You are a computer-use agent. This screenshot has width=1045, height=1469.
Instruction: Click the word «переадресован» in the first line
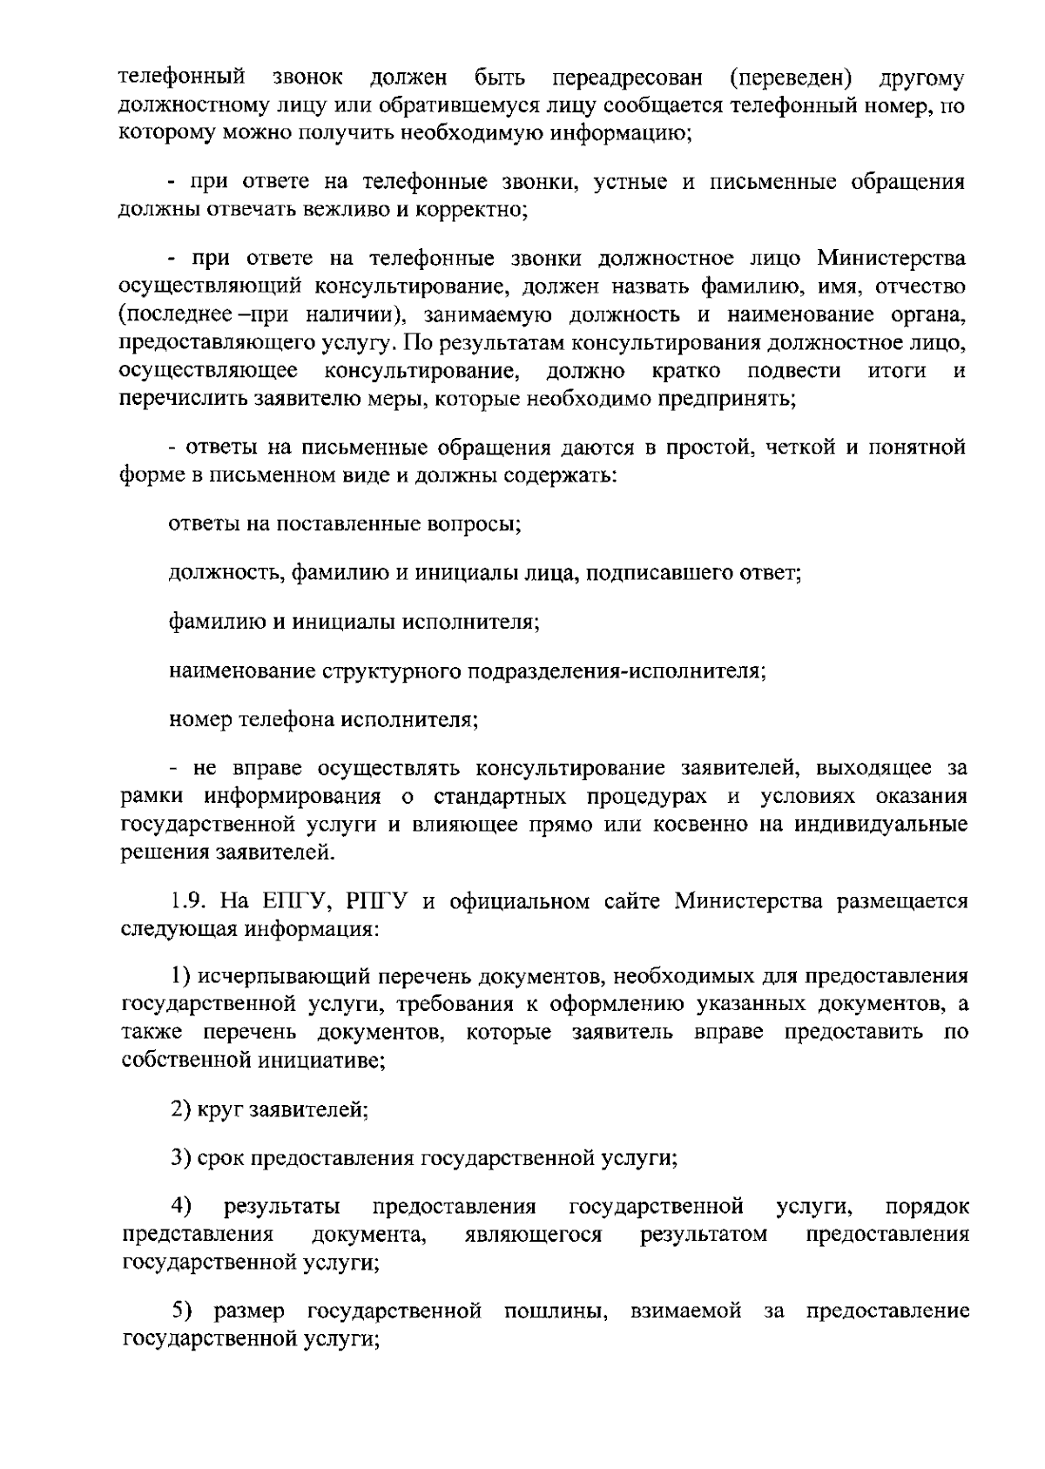click(x=627, y=78)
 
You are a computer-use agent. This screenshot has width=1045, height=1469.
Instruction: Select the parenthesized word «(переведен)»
click(x=791, y=78)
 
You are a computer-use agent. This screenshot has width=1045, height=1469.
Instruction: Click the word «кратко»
click(x=685, y=371)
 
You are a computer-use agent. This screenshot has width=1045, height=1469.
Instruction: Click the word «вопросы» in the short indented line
click(x=474, y=525)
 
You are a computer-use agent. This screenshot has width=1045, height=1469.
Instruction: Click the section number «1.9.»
click(x=188, y=900)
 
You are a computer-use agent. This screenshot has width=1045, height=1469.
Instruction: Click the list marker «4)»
click(x=181, y=1207)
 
